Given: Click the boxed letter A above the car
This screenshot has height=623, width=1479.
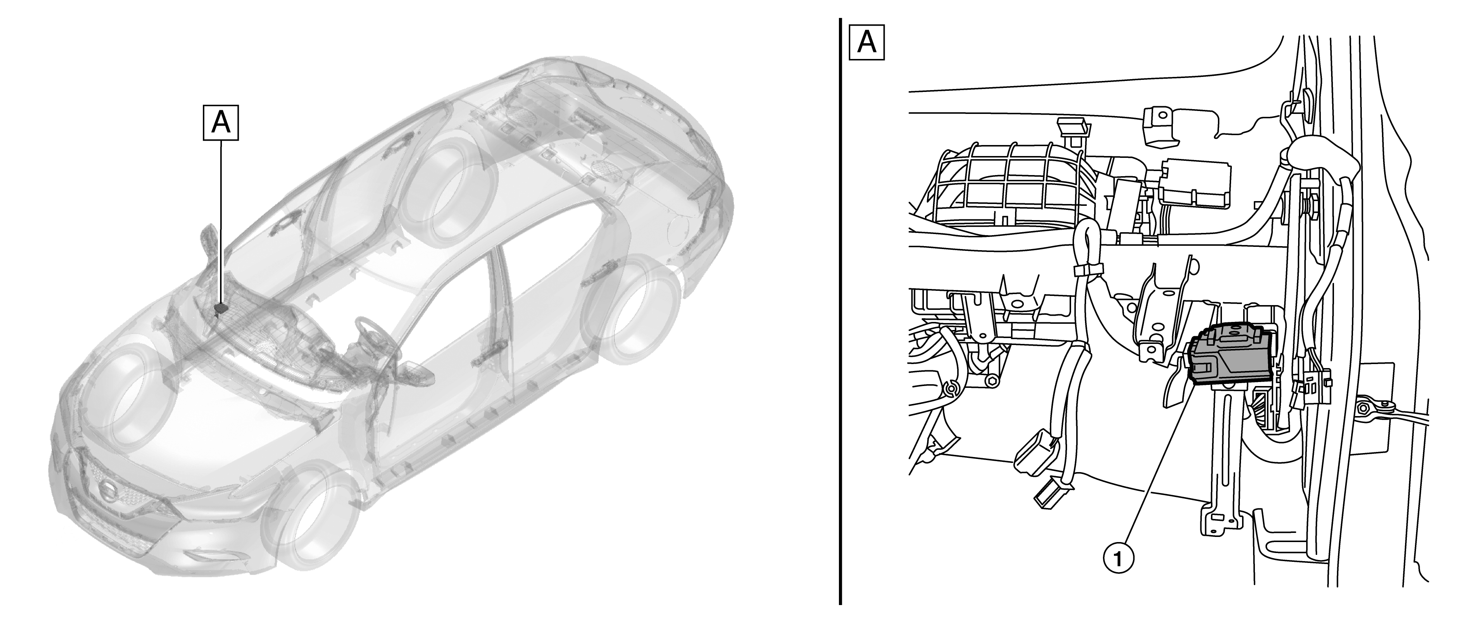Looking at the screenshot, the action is [x=221, y=122].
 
